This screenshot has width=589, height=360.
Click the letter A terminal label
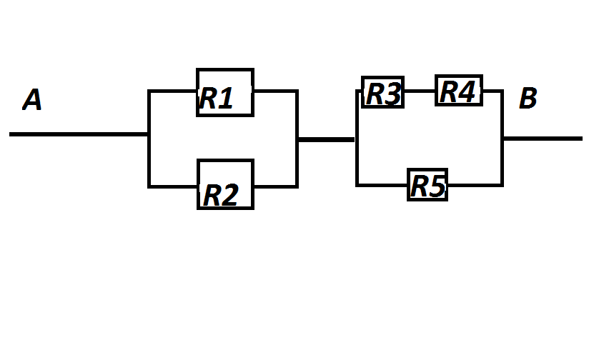pos(32,100)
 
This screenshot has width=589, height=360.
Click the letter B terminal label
pos(528,99)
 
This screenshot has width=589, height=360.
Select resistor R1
pos(224,92)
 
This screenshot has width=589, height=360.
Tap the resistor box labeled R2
pos(224,184)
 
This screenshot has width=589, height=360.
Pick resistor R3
pos(382,93)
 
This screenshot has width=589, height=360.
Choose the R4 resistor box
pos(458,91)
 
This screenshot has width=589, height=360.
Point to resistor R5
pos(427,185)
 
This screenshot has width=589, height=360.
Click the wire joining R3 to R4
pos(420,91)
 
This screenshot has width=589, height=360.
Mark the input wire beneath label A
pos(79,134)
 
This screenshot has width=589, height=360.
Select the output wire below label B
pos(543,138)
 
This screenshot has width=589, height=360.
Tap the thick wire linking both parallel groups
pos(326,139)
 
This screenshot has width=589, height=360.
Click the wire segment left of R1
pos(172,91)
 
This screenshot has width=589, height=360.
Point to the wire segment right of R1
pos(275,91)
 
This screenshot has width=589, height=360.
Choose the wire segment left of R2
pos(172,186)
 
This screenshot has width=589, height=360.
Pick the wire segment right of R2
pos(275,186)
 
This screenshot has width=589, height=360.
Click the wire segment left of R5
pos(382,185)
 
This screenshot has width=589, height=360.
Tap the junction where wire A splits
pos(149,134)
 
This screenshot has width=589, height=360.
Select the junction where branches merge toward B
pos(503,139)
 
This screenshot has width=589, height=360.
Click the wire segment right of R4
pos(493,91)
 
